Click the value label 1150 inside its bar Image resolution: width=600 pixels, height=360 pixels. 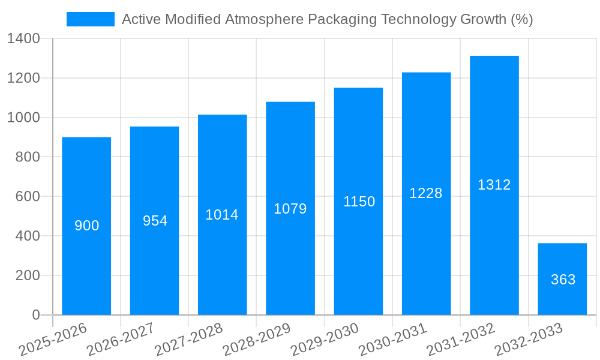click(359, 202)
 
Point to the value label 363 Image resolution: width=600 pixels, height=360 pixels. click(563, 280)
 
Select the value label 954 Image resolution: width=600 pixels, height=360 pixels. click(155, 221)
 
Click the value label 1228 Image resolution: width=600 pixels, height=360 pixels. click(426, 193)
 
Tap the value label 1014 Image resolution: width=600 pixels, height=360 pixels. click(222, 215)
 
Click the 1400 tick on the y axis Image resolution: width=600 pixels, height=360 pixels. click(23, 39)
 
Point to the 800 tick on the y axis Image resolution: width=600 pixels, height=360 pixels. click(27, 157)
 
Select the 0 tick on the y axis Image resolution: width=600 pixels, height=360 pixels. click(35, 315)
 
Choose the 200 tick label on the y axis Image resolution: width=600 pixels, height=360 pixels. click(27, 275)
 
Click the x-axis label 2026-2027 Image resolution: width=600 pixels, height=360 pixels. click(121, 340)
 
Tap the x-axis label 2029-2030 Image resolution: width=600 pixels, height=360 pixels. click(325, 340)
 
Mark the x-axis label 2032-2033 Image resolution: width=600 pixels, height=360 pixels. click(529, 340)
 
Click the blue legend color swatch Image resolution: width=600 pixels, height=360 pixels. click(90, 19)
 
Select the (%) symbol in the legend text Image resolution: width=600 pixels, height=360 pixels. click(521, 19)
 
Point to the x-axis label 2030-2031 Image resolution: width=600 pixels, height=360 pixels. click(392, 340)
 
